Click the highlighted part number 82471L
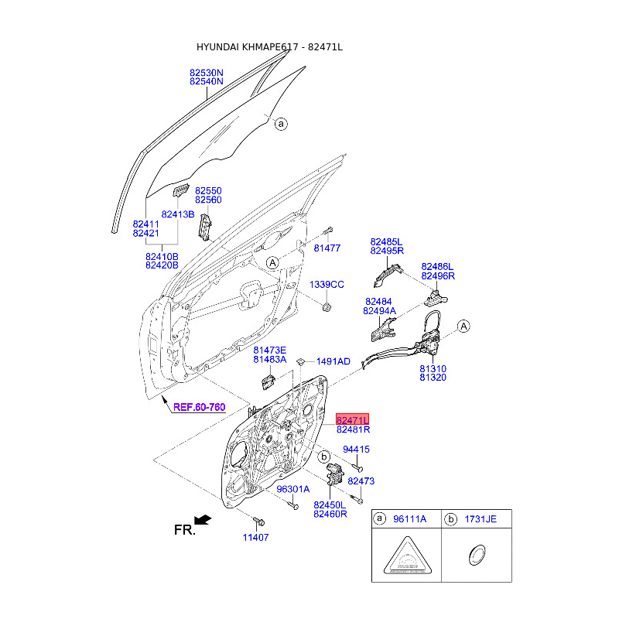(x=352, y=419)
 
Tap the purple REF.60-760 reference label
(x=200, y=407)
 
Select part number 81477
(x=327, y=248)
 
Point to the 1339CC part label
(x=327, y=284)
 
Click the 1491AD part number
(x=333, y=361)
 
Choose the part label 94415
(x=356, y=450)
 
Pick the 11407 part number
(x=255, y=537)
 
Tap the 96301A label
(x=293, y=489)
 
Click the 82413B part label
(x=178, y=214)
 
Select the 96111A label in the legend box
(x=410, y=519)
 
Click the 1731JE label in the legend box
(x=480, y=519)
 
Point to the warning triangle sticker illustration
(x=408, y=556)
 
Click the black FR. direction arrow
(x=203, y=520)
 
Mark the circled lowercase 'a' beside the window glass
(x=281, y=124)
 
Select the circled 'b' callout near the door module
(x=323, y=457)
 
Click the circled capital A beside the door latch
(x=463, y=327)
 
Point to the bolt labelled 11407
(x=258, y=522)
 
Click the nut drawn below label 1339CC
(x=326, y=307)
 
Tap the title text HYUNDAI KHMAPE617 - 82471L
(x=269, y=47)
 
